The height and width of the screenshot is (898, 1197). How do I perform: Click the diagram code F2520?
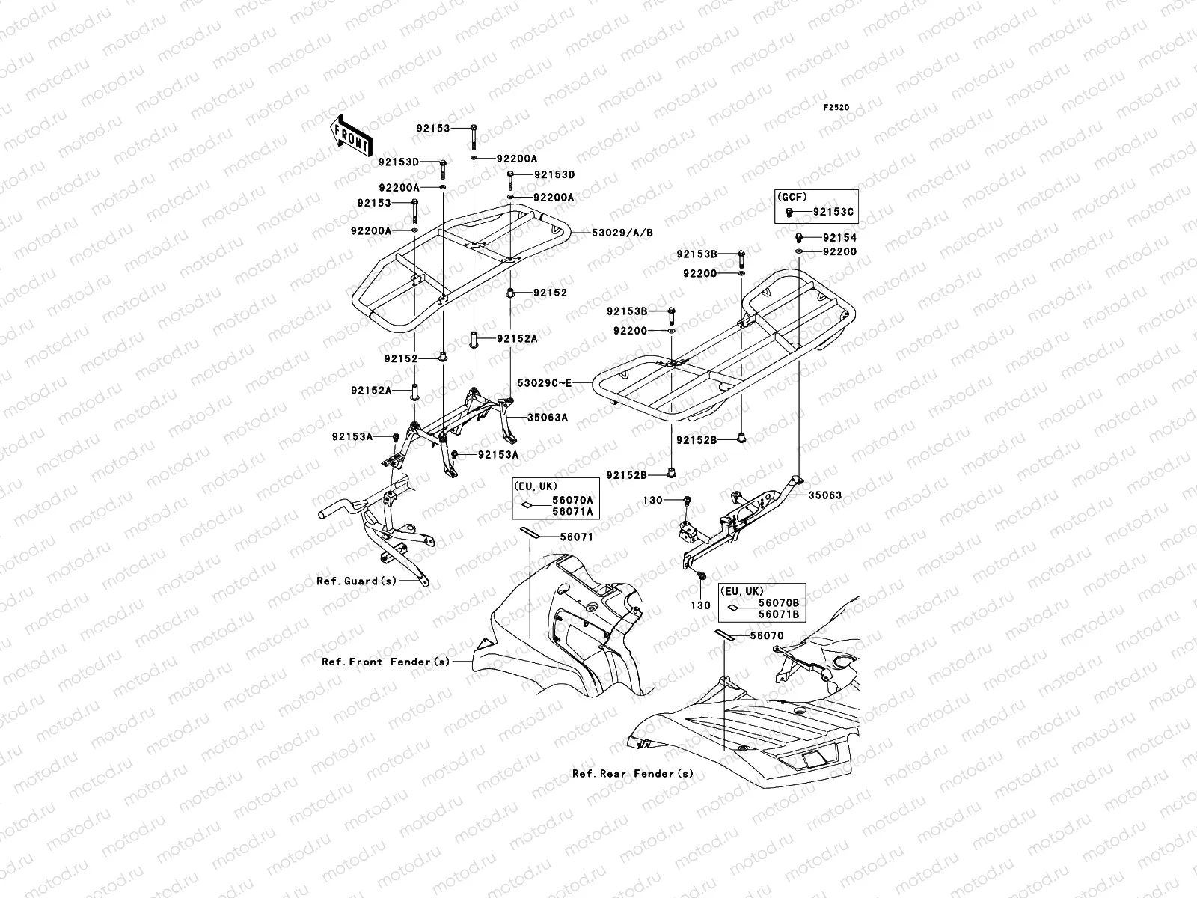836,108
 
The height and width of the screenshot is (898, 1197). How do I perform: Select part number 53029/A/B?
622,233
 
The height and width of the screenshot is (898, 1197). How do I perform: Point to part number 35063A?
548,418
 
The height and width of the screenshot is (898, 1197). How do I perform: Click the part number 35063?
824,495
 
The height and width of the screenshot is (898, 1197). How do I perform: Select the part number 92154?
839,237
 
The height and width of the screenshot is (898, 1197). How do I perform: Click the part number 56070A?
573,501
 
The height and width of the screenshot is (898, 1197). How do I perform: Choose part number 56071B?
779,614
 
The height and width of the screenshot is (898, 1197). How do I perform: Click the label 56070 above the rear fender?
767,635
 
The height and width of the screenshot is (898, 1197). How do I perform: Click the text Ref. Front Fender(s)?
386,662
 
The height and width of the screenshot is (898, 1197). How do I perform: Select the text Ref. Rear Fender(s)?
633,774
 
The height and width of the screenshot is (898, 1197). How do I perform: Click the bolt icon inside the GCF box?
789,213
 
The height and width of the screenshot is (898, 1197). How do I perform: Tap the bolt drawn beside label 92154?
800,237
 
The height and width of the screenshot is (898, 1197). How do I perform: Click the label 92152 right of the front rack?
550,293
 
